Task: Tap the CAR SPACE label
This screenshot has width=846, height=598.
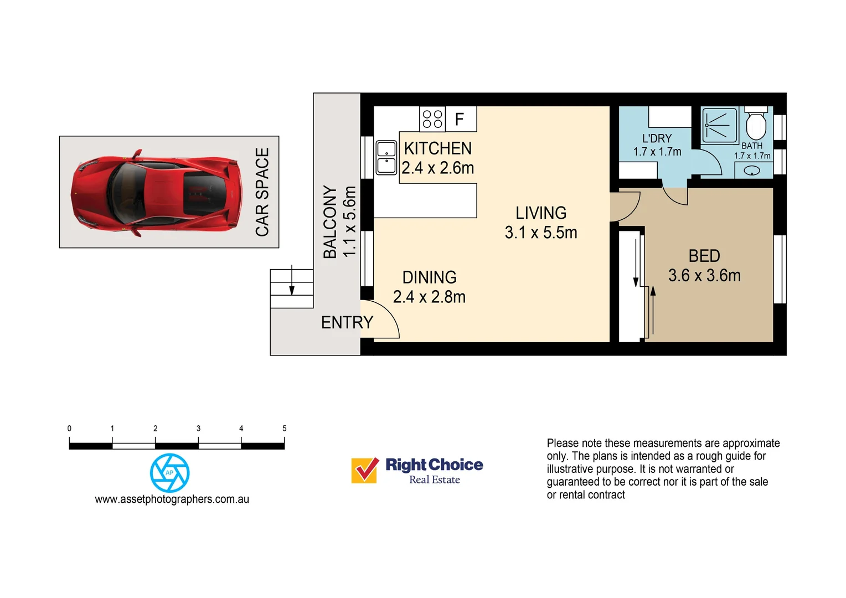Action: (x=262, y=192)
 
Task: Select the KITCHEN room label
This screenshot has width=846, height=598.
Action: (x=437, y=148)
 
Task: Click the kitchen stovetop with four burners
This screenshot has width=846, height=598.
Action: (x=432, y=119)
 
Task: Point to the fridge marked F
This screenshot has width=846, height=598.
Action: (x=460, y=119)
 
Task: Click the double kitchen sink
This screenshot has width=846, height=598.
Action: (x=386, y=158)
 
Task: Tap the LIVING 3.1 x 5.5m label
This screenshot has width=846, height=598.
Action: (x=541, y=223)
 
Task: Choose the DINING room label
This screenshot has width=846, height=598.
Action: (x=429, y=277)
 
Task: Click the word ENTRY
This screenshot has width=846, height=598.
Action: (x=347, y=322)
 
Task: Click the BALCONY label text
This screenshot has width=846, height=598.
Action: (x=330, y=222)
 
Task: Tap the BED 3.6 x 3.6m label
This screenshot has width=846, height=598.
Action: (x=704, y=266)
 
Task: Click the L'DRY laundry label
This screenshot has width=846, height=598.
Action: (x=657, y=138)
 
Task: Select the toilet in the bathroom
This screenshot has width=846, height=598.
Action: (x=755, y=125)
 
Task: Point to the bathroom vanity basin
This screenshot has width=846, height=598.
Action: (x=752, y=171)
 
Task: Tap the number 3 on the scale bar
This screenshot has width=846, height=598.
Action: (x=198, y=429)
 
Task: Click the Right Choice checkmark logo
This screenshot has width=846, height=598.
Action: (x=365, y=470)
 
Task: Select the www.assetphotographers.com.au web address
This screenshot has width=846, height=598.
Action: (x=172, y=499)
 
